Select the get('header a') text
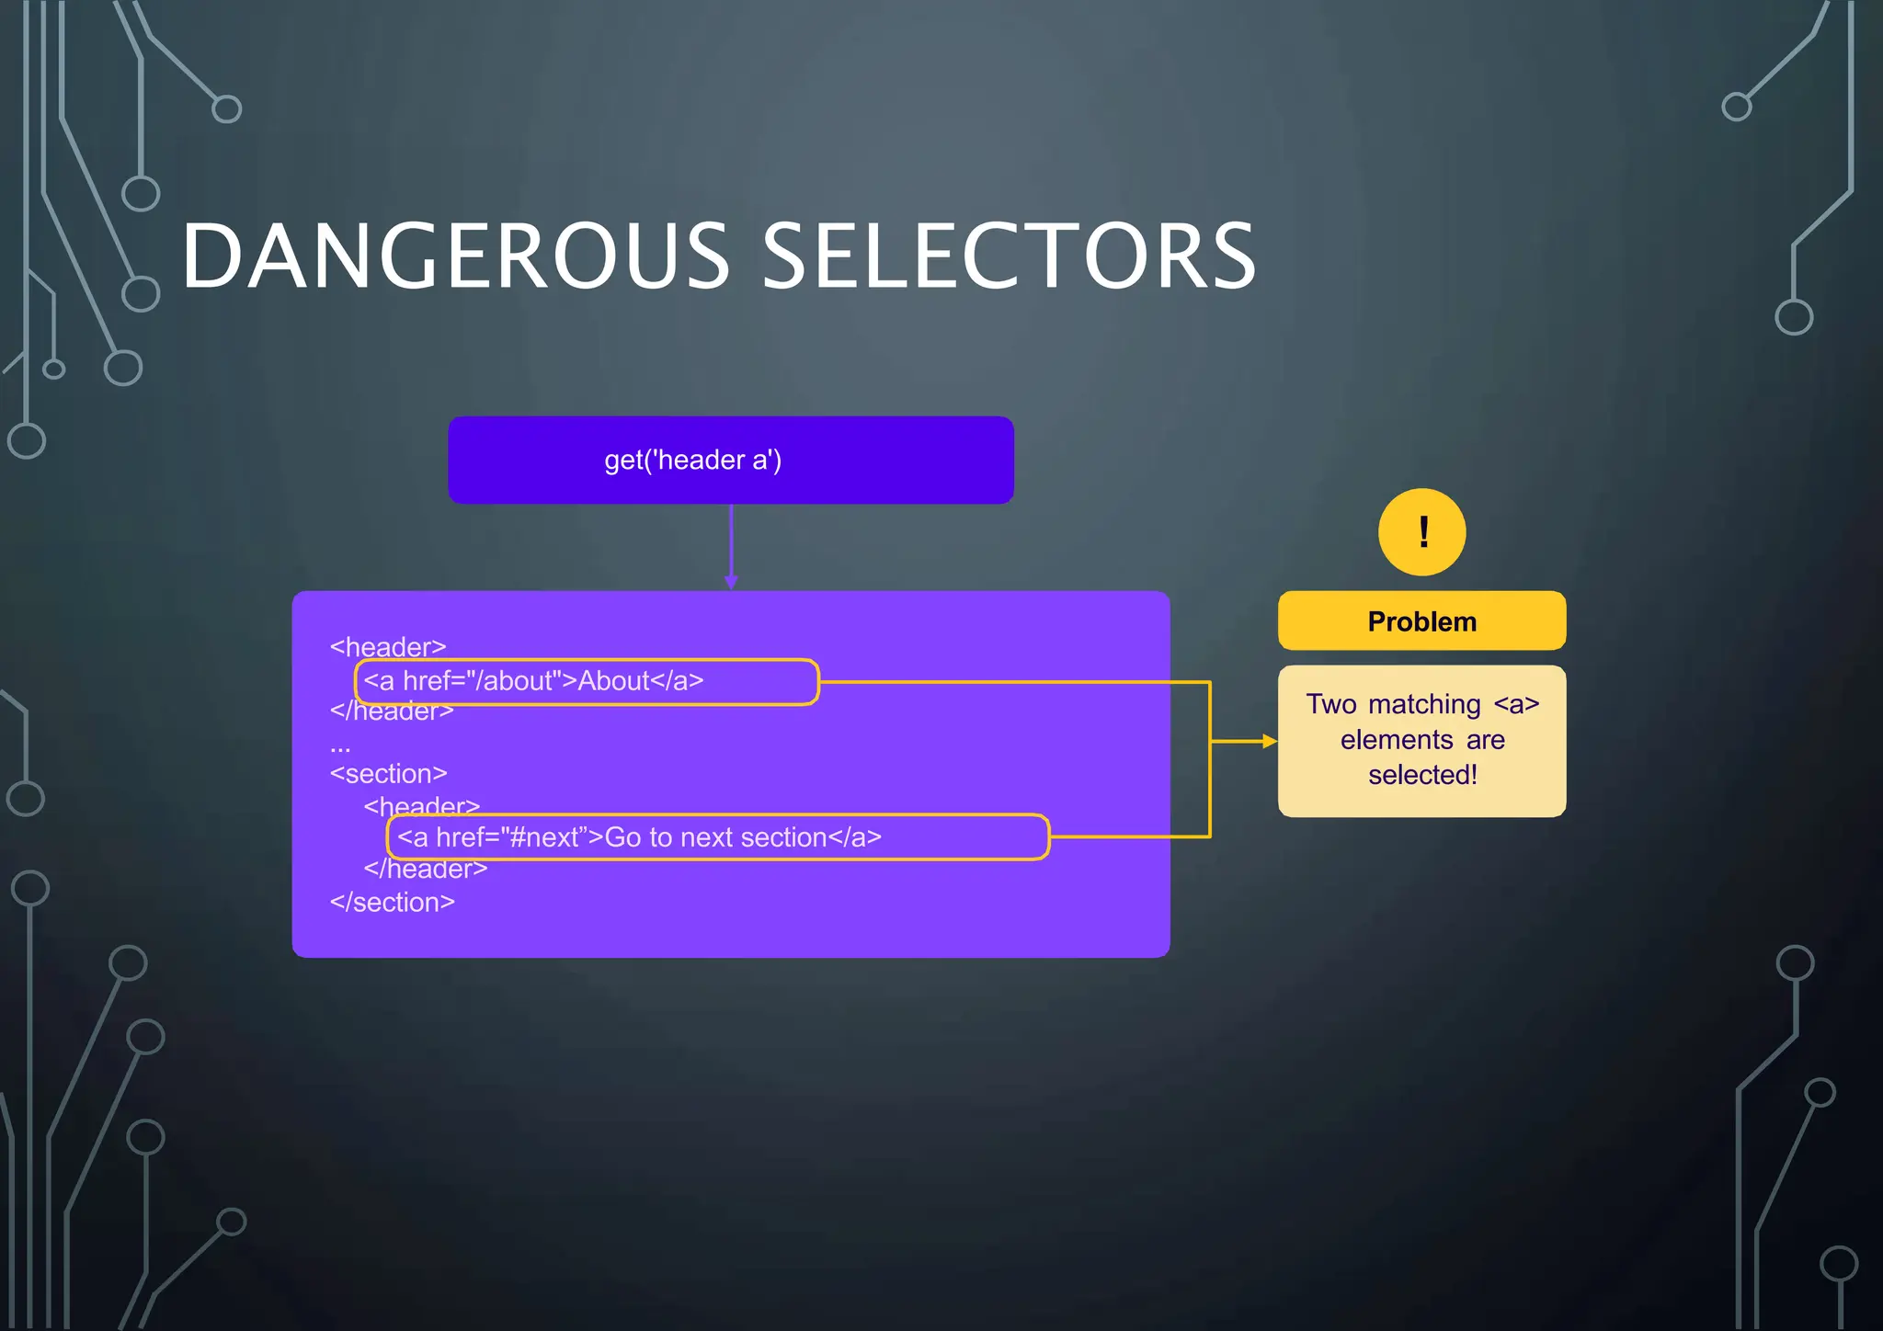[x=692, y=460]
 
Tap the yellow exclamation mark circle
[x=1421, y=532]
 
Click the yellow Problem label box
[x=1421, y=621]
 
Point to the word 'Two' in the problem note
[x=1331, y=704]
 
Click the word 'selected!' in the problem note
[x=1422, y=775]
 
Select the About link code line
[x=533, y=681]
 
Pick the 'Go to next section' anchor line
[x=639, y=837]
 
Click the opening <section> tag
[x=388, y=774]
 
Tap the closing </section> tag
[x=392, y=903]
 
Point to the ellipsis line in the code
[x=340, y=746]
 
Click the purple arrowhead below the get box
[x=731, y=582]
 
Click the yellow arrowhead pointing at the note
[x=1270, y=741]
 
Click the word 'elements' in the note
[x=1397, y=740]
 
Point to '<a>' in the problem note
[x=1516, y=704]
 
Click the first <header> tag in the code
[x=387, y=647]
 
